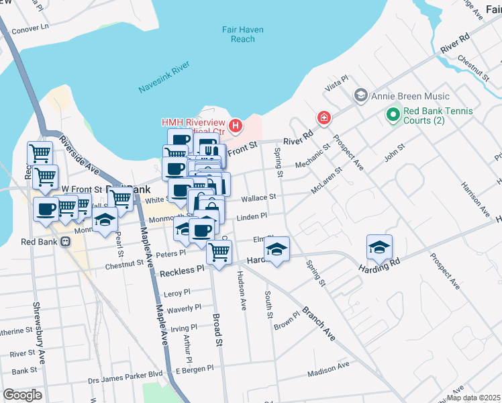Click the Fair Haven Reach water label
[x=242, y=34]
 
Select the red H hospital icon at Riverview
[x=236, y=126]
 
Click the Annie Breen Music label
[x=402, y=96]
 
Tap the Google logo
[x=22, y=395]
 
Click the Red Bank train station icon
[x=65, y=242]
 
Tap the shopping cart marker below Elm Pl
[x=219, y=253]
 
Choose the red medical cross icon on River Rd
[x=324, y=118]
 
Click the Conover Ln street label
[x=32, y=28]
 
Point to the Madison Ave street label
[x=329, y=369]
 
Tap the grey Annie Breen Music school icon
[x=361, y=96]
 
